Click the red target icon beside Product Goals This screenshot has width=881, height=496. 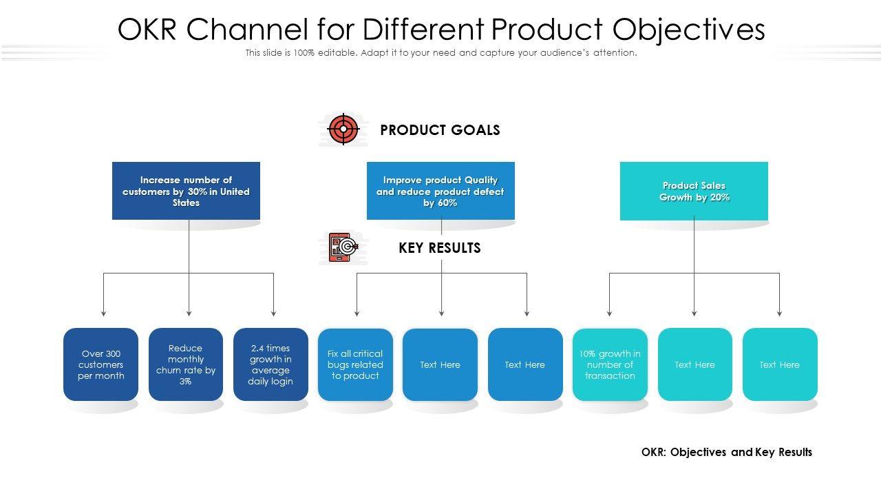pyautogui.click(x=343, y=129)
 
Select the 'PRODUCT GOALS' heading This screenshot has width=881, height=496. pyautogui.click(x=440, y=130)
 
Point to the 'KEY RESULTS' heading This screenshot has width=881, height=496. pyautogui.click(x=440, y=248)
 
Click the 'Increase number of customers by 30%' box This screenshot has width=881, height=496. pyautogui.click(x=186, y=191)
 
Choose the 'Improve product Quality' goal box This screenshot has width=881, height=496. pyautogui.click(x=440, y=191)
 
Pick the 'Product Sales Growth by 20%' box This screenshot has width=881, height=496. pyautogui.click(x=694, y=191)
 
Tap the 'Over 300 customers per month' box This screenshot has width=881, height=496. pyautogui.click(x=100, y=364)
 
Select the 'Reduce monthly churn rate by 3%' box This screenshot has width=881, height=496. pyautogui.click(x=186, y=364)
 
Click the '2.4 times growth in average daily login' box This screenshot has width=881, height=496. pyautogui.click(x=270, y=364)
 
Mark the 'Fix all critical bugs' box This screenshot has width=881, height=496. pyautogui.click(x=355, y=364)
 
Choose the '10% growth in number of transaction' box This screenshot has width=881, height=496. pyautogui.click(x=610, y=364)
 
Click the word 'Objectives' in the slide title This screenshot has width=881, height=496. pyautogui.click(x=689, y=30)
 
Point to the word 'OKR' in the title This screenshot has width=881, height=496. pyautogui.click(x=147, y=30)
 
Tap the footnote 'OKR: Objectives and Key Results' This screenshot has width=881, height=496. pyautogui.click(x=726, y=452)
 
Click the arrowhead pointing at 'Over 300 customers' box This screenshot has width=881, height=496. pyautogui.click(x=103, y=313)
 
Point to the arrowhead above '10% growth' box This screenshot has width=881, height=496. pyautogui.click(x=609, y=313)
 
